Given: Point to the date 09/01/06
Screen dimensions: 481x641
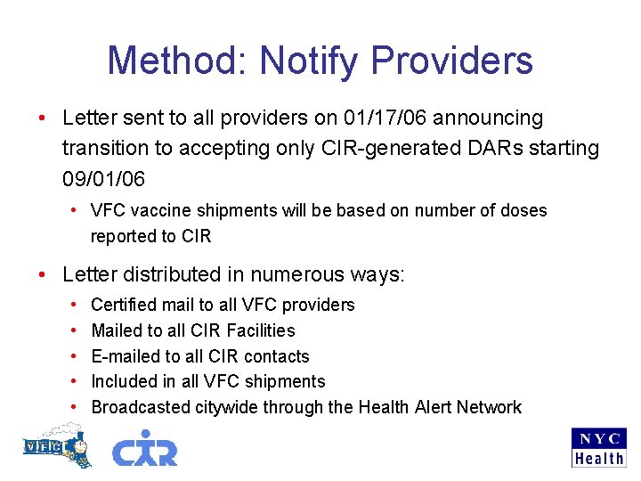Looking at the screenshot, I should click(x=103, y=178).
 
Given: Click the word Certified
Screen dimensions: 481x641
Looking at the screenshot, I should click(x=124, y=305).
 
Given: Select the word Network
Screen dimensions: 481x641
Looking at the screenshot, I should click(x=489, y=407).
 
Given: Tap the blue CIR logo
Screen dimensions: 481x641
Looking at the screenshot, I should click(x=144, y=448).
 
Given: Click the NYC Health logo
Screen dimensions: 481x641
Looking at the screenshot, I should click(x=598, y=448).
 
